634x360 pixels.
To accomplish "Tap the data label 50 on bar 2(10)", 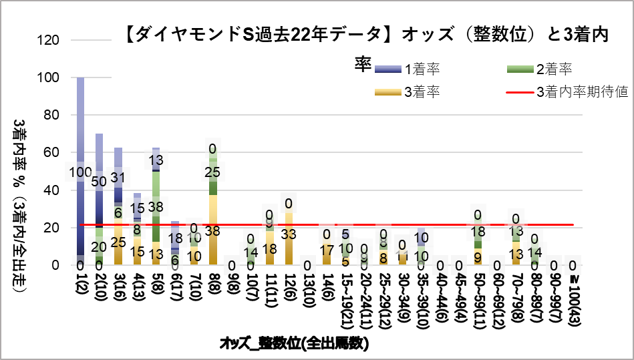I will tap(100, 182).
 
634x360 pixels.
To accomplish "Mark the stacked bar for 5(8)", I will tap(156, 214).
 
